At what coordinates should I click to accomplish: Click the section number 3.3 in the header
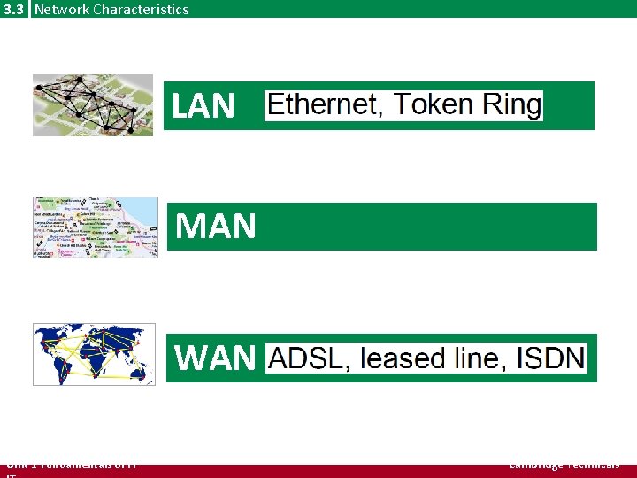(x=13, y=9)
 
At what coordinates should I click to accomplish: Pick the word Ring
(x=511, y=105)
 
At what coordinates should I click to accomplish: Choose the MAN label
(x=216, y=227)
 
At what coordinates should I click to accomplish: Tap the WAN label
(x=215, y=358)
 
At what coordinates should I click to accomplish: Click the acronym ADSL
(x=306, y=358)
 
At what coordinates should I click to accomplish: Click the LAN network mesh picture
(x=92, y=104)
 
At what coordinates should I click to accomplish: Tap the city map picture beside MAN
(x=95, y=227)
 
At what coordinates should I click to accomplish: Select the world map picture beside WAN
(x=93, y=354)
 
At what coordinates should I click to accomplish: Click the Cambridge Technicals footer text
(x=564, y=464)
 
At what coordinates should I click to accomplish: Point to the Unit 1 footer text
(x=71, y=464)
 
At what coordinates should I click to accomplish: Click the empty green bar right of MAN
(x=425, y=227)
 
